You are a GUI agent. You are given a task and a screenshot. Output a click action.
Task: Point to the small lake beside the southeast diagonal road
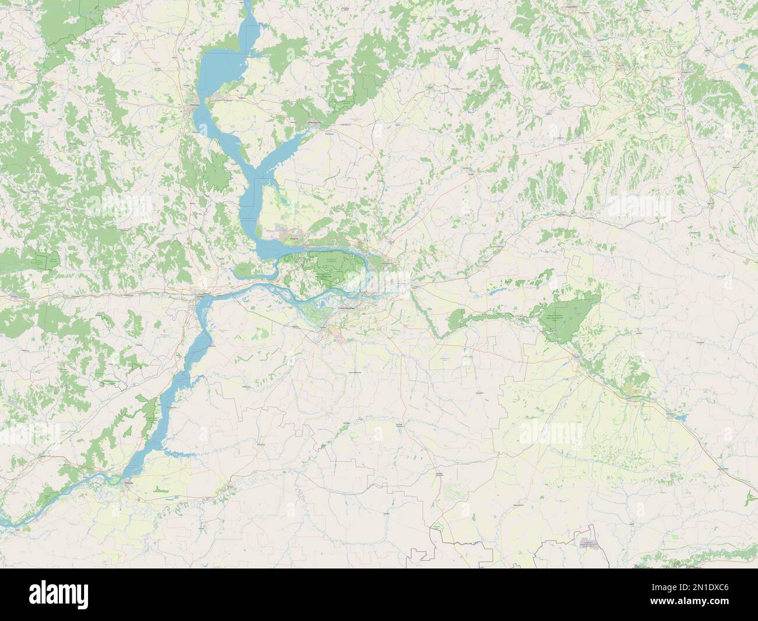pos(678,417)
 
